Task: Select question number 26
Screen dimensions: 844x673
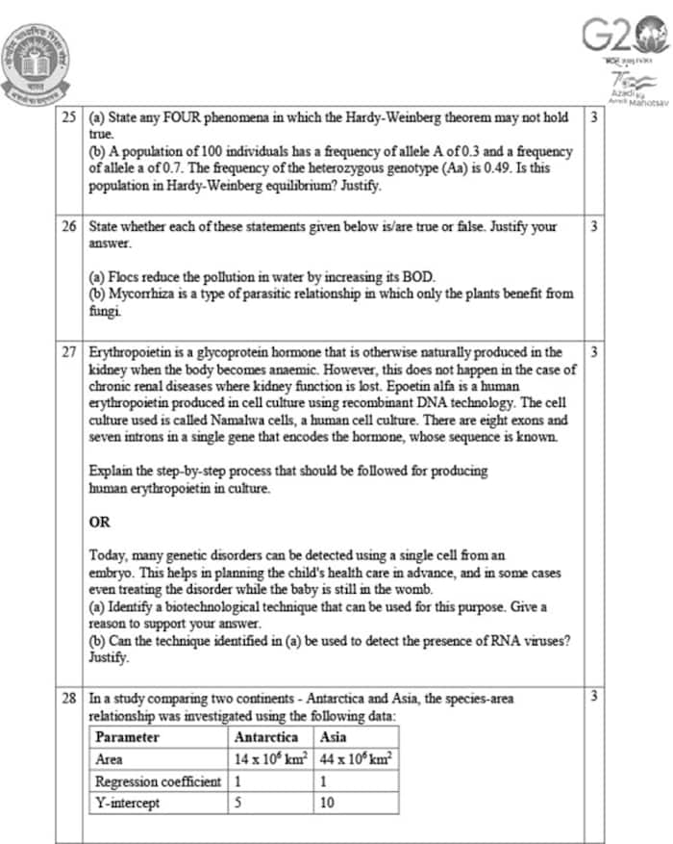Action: point(68,227)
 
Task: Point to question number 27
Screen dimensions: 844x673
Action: point(68,352)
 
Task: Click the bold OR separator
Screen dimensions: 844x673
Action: point(99,522)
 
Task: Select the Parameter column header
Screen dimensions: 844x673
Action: point(128,738)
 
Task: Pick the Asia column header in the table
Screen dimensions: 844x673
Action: point(334,738)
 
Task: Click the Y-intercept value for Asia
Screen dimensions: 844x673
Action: point(327,802)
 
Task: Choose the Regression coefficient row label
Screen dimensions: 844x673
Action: point(159,780)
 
